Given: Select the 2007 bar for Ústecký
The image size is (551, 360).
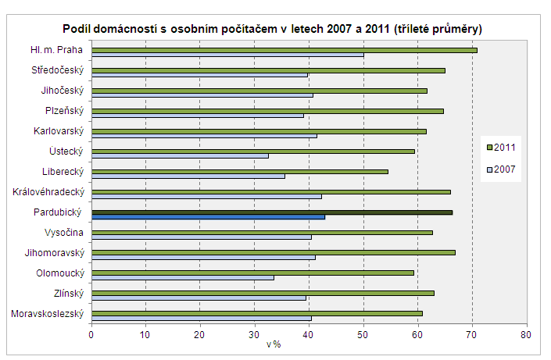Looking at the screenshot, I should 180,155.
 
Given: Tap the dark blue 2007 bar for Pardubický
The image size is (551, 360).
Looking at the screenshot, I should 208,216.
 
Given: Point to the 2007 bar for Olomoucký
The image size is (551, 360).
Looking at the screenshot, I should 183,277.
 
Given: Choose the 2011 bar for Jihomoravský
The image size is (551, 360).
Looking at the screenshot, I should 274,252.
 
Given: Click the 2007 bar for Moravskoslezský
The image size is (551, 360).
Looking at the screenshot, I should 202,318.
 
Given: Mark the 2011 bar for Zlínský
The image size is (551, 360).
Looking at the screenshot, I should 263,293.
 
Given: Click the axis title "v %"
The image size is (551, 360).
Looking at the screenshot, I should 274,344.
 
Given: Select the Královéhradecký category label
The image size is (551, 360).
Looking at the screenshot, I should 48,191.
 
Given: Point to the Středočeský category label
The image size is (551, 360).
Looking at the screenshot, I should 59,70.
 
